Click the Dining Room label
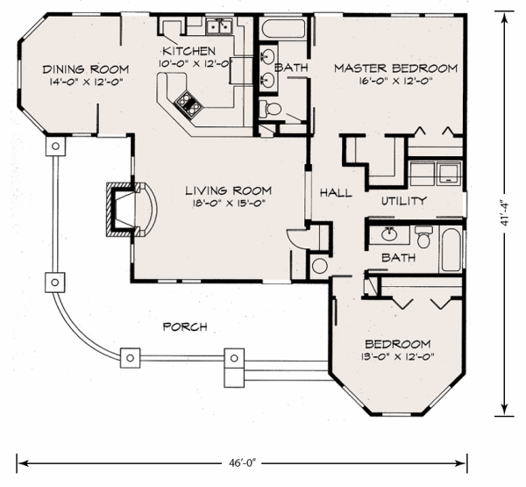coord(86,69)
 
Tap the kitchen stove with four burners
coord(188,104)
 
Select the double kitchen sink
coord(219,26)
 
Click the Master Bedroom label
coord(396,68)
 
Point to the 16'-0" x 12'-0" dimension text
coord(396,81)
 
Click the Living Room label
coord(229,190)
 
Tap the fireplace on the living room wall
coord(131,210)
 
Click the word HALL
coord(336,192)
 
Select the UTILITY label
coord(404,201)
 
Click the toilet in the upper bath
coord(270,109)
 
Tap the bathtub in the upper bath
coord(283,29)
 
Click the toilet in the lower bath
coord(424,237)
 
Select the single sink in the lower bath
coord(389,234)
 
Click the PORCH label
coord(185,326)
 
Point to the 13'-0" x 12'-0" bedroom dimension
coord(397,356)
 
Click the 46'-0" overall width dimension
coord(242,463)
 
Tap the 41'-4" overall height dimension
coord(505,214)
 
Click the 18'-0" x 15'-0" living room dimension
coord(229,203)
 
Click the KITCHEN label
coord(188,51)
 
